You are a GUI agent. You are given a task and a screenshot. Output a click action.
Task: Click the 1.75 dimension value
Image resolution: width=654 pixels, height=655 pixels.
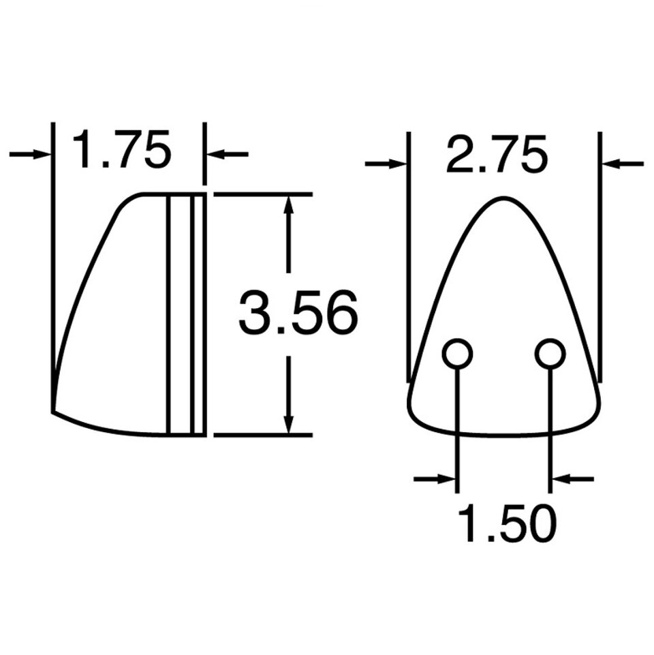point(121,149)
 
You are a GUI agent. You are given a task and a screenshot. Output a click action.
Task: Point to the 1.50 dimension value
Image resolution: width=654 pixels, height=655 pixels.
point(507,523)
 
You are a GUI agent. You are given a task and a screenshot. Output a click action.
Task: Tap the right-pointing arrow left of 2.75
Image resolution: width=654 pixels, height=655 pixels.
point(386,164)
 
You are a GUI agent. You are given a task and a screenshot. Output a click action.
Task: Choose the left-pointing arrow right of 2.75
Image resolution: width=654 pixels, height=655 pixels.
point(623,164)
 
